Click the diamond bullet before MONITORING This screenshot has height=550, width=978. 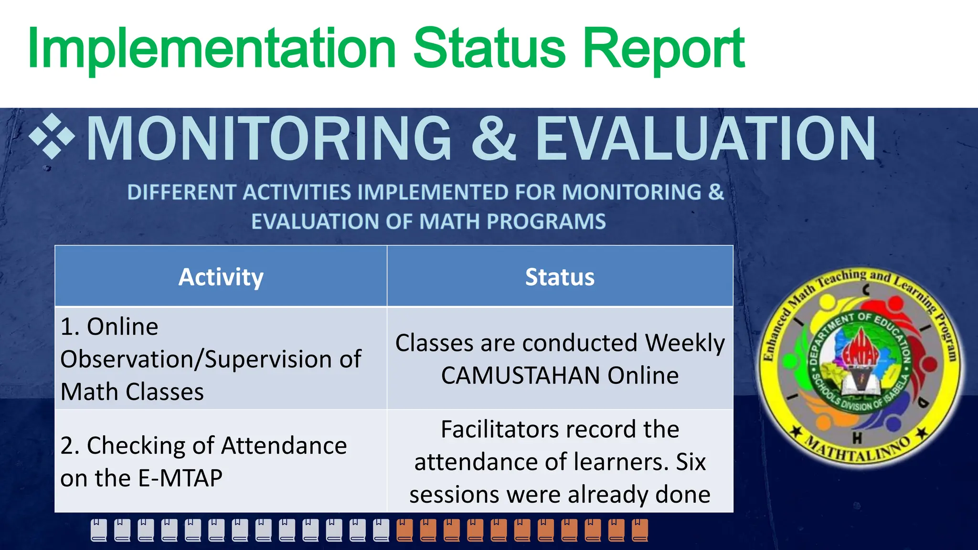(x=52, y=137)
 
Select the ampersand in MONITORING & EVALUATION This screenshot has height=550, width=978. (x=493, y=138)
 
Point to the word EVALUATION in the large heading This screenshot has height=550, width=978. (x=705, y=138)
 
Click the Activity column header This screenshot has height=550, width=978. (x=221, y=277)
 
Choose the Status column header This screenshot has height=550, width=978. (x=560, y=277)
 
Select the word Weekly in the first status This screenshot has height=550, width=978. (x=685, y=343)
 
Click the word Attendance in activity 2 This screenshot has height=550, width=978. (x=284, y=445)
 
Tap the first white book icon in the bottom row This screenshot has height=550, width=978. (x=99, y=530)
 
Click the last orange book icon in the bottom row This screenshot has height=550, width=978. (x=640, y=530)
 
